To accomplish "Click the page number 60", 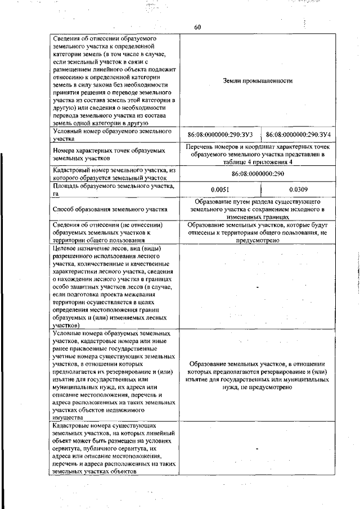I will click(197, 27).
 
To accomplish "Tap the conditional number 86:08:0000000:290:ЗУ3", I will click(220, 135).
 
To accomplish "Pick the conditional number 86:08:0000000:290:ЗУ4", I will click(298, 135).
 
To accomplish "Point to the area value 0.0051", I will click(220, 190).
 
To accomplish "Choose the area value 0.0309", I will click(298, 190).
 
